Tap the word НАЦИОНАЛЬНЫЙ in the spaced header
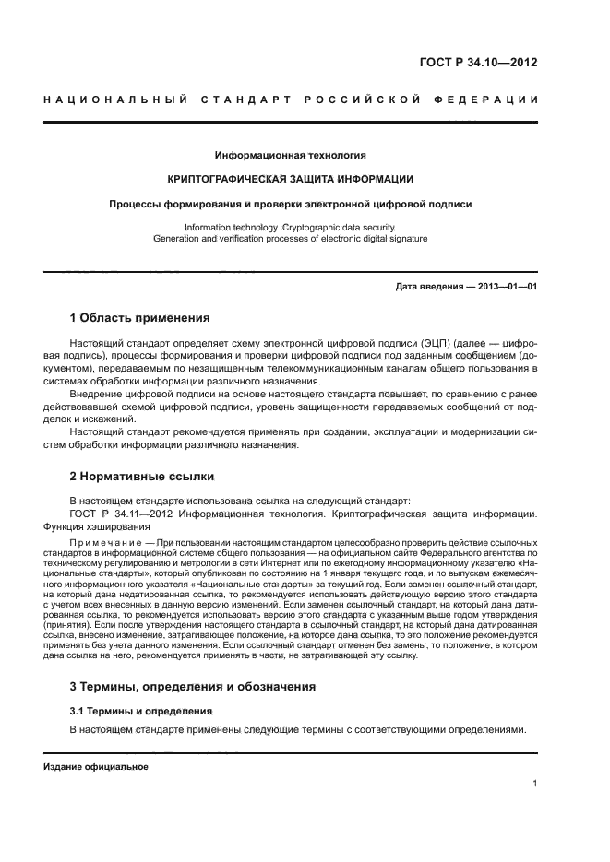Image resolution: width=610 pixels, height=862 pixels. (x=107, y=99)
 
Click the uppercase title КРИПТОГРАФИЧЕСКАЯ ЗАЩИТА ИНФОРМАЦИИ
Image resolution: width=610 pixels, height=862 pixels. (x=290, y=178)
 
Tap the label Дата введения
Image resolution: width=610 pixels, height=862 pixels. (x=429, y=287)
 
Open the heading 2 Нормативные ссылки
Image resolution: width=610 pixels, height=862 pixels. (x=142, y=477)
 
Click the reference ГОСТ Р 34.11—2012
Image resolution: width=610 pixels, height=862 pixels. (x=120, y=514)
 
